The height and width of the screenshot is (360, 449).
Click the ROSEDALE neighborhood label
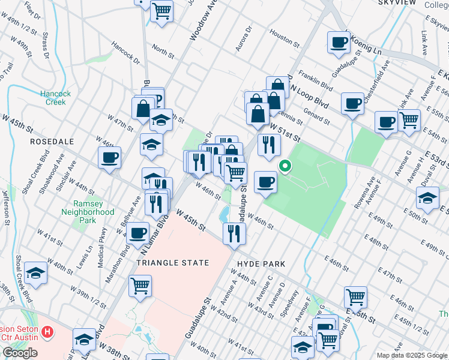[x=52, y=142]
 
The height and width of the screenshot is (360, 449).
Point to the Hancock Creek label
[x=56, y=98]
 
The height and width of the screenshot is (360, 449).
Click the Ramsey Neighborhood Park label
[x=88, y=212]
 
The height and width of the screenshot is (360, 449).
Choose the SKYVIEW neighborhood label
[x=398, y=3]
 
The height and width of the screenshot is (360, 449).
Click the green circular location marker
[x=286, y=167]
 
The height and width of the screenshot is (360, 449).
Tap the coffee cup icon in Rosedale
[x=110, y=158]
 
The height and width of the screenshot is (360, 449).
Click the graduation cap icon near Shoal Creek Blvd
[x=36, y=273]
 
